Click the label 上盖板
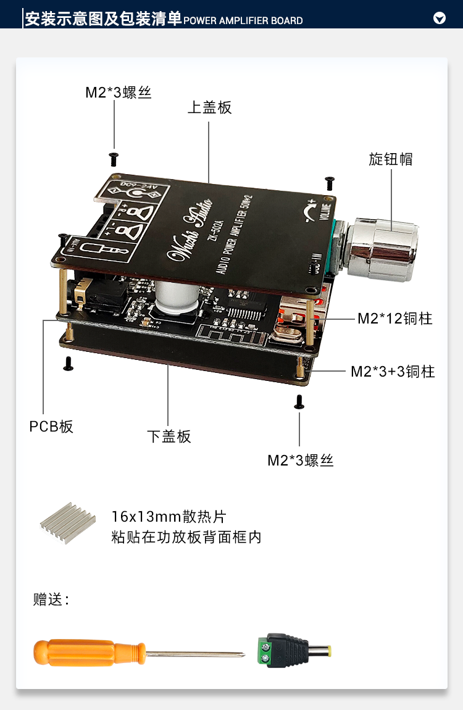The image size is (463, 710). (209, 107)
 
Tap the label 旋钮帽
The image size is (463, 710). (390, 159)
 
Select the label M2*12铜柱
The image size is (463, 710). (394, 319)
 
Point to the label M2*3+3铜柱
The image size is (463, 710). (393, 371)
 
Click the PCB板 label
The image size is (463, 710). (51, 426)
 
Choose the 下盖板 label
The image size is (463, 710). (169, 436)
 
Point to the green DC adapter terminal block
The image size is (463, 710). (267, 651)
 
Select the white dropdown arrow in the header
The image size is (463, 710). (440, 19)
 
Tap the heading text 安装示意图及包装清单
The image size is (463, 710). (103, 19)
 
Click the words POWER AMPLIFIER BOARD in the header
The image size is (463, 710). (243, 20)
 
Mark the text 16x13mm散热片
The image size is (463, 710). (164, 516)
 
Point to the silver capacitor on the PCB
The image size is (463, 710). (175, 297)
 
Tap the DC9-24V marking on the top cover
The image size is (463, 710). (140, 186)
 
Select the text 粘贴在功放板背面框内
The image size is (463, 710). (186, 537)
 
